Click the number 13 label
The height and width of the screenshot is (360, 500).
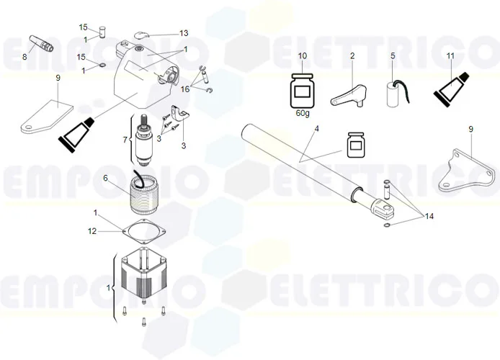(x=184, y=33)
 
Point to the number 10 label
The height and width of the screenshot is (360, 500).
(x=303, y=56)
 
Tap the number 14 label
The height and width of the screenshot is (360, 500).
(x=430, y=216)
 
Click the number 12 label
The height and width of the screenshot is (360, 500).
(x=91, y=231)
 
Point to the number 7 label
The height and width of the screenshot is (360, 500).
(x=125, y=139)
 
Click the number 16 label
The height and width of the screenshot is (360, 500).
(x=185, y=89)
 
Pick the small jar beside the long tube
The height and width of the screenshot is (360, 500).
(x=354, y=144)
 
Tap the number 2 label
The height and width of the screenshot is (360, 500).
(x=352, y=56)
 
